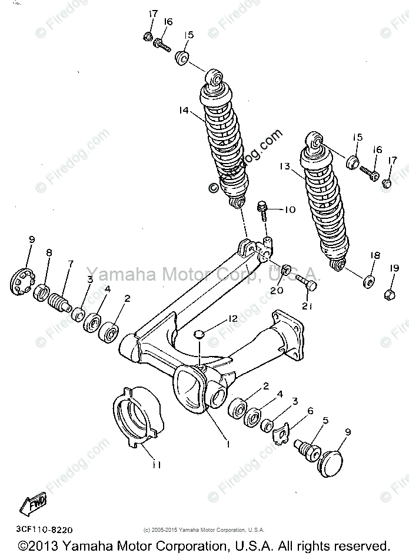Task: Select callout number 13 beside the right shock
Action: [x=285, y=167]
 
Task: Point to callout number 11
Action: [x=155, y=464]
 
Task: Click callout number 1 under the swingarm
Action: [x=228, y=444]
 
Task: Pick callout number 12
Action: [x=234, y=318]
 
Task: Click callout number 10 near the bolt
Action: [x=291, y=210]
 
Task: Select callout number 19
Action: [x=394, y=268]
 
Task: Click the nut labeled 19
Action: [x=388, y=292]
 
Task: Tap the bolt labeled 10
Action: [x=263, y=209]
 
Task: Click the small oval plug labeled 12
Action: [x=199, y=334]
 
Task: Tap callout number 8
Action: [x=49, y=253]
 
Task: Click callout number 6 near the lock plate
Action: [x=310, y=411]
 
